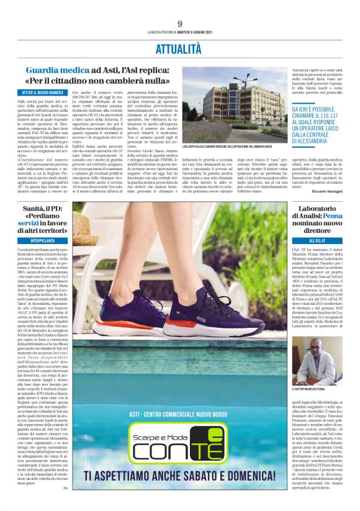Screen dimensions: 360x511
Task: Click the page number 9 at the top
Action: [x=179, y=23]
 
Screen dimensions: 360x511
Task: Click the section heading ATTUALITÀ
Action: [x=179, y=47]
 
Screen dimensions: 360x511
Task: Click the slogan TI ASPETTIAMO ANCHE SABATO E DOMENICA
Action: [x=181, y=493]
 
